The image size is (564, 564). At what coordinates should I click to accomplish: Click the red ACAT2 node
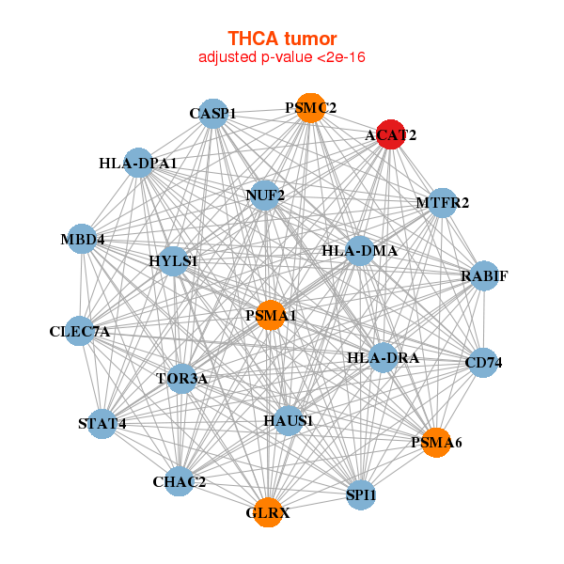click(x=390, y=134)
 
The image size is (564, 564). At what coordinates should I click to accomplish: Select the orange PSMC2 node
click(x=310, y=108)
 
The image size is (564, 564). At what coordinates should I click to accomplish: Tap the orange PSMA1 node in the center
click(x=271, y=315)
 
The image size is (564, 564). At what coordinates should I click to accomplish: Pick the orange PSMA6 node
click(x=436, y=442)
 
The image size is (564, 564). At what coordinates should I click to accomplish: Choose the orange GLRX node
click(x=268, y=512)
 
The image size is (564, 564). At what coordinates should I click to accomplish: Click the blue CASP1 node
click(x=213, y=114)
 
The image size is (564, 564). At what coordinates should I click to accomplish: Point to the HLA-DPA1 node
click(x=138, y=164)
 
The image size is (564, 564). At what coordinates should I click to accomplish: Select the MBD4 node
click(x=83, y=239)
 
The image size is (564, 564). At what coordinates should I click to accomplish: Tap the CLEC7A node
click(x=80, y=331)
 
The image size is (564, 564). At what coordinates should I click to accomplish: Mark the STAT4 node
click(x=102, y=423)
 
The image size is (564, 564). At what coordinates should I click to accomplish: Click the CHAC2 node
click(x=180, y=482)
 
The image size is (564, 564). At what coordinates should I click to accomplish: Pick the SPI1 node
click(x=361, y=494)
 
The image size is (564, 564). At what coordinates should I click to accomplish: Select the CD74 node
click(x=483, y=363)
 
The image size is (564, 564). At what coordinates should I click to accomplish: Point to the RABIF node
click(x=484, y=276)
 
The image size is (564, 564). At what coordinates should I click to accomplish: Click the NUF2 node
click(x=265, y=196)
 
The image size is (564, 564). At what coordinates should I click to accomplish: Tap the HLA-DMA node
click(x=360, y=251)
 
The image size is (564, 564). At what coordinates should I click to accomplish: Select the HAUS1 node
click(x=288, y=419)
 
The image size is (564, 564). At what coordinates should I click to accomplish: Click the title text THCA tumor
click(x=282, y=39)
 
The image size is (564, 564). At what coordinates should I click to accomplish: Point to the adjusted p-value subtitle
click(x=282, y=57)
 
